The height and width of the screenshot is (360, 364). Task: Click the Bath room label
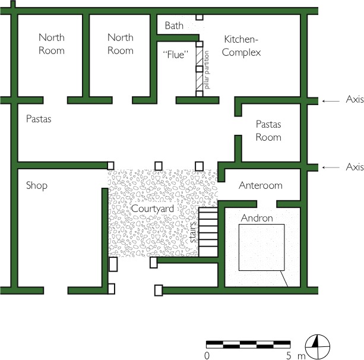(175, 26)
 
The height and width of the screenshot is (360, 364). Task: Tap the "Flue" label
(175, 54)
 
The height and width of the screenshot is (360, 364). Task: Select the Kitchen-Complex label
(242, 46)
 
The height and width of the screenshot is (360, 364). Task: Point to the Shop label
(36, 185)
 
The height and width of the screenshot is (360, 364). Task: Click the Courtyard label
(152, 209)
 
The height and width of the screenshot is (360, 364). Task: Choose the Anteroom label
(260, 185)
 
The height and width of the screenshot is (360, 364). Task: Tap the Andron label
(257, 218)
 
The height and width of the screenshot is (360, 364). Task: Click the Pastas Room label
(268, 131)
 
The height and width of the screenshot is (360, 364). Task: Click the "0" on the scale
(207, 356)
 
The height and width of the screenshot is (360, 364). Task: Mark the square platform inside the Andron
(261, 247)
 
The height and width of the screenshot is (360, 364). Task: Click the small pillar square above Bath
(200, 18)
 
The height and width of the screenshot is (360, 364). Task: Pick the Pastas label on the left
(39, 119)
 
